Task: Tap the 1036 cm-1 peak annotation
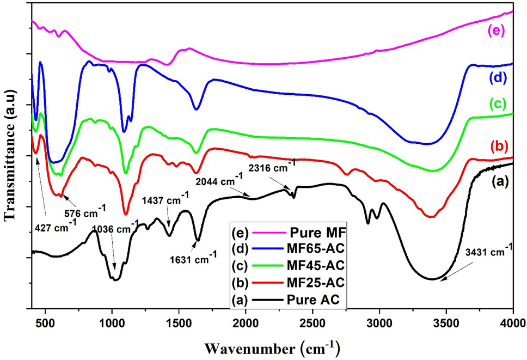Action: pyautogui.click(x=113, y=229)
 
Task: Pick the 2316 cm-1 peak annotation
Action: pyautogui.click(x=272, y=163)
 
